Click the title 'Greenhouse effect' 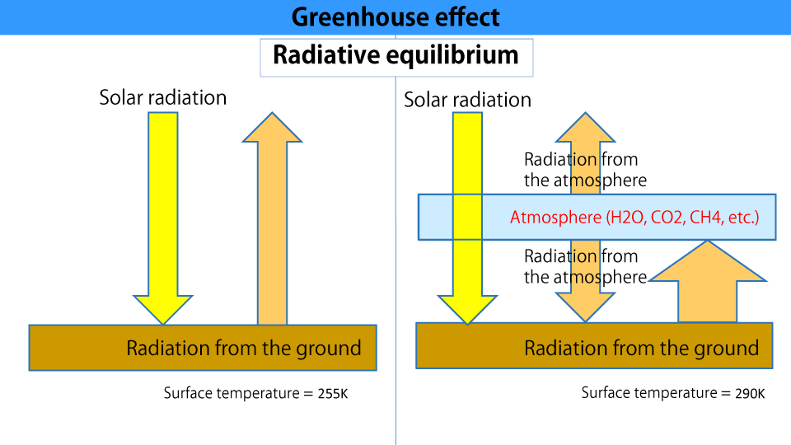(395, 17)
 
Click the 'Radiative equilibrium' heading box (396, 58)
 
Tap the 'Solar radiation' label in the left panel (163, 97)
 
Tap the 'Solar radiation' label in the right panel (468, 100)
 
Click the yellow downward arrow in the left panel (163, 218)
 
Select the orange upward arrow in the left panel (273, 218)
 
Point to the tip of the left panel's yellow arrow (163, 324)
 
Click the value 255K (333, 394)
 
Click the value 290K (750, 394)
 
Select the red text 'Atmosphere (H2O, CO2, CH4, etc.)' (634, 218)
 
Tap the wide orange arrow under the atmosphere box (708, 281)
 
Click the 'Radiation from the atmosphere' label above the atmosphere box (585, 170)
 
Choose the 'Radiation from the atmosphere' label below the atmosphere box (585, 266)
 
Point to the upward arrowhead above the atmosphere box (585, 127)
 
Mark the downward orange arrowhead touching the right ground (585, 307)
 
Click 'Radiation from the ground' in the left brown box (244, 348)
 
